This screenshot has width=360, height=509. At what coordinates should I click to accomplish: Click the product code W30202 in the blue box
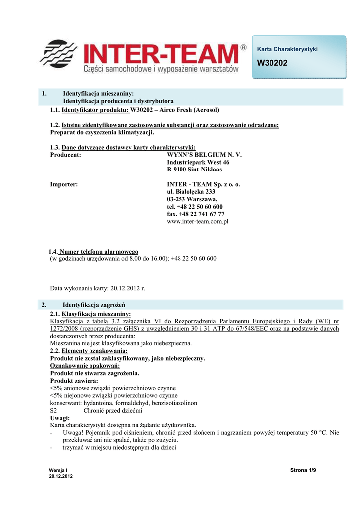[x=272, y=63]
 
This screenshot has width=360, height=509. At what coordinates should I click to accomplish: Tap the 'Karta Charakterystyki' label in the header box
[x=287, y=49]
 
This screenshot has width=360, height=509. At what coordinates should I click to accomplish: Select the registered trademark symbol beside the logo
[x=243, y=47]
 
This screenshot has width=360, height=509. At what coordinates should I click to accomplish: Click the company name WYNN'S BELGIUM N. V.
[x=204, y=155]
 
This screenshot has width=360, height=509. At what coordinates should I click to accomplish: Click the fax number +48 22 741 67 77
[x=195, y=214]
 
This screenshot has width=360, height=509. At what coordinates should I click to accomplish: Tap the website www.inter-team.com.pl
[x=197, y=222]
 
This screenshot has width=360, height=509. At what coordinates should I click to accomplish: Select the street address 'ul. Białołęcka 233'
[x=191, y=192]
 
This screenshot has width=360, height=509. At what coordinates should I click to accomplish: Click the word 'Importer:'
[x=64, y=184]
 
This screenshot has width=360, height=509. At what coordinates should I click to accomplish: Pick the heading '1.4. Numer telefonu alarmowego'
[x=93, y=252]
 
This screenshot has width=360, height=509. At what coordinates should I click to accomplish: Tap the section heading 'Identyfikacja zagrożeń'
[x=93, y=304]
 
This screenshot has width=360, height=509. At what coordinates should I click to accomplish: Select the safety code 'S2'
[x=54, y=411]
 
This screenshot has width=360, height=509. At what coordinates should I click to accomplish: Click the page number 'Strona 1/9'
[x=303, y=470]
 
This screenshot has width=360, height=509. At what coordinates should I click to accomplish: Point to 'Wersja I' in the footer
[x=58, y=470]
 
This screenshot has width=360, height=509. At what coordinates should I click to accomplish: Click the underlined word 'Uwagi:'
[x=60, y=418]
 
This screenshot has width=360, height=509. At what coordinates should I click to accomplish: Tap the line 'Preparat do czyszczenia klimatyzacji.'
[x=102, y=132]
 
